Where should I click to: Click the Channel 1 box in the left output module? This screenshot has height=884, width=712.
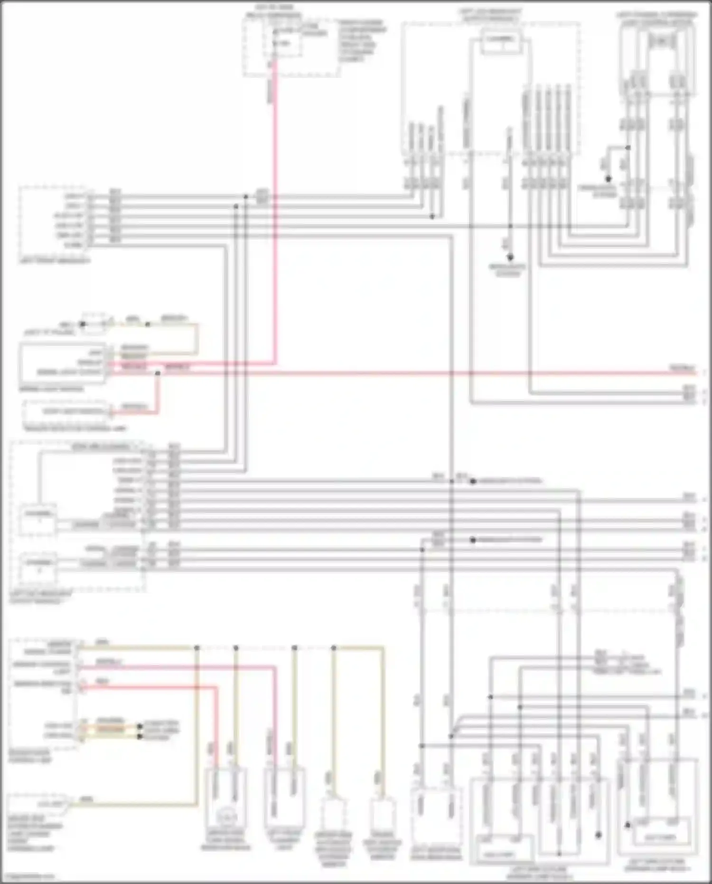pyautogui.click(x=37, y=519)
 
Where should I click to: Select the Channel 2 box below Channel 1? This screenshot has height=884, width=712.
pyautogui.click(x=37, y=567)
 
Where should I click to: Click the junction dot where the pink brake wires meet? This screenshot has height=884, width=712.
pyautogui.click(x=158, y=373)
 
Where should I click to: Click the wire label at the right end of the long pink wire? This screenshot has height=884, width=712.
pyautogui.click(x=683, y=368)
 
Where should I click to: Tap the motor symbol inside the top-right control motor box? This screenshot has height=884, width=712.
pyautogui.click(x=661, y=42)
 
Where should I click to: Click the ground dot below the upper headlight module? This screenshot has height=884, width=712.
pyautogui.click(x=510, y=258)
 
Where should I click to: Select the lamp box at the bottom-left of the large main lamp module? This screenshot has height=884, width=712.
pyautogui.click(x=497, y=855)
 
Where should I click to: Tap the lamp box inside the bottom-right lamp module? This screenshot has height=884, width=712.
pyautogui.click(x=661, y=837)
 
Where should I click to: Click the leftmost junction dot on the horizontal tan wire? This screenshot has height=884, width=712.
pyautogui.click(x=197, y=648)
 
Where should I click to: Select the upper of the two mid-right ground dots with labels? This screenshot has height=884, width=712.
pyautogui.click(x=472, y=481)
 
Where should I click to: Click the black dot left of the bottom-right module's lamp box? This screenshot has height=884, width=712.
pyautogui.click(x=627, y=825)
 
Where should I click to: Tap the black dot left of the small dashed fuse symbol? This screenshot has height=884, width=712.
pyautogui.click(x=82, y=324)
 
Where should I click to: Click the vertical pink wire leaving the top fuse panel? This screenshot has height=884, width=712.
pyautogui.click(x=274, y=214)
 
